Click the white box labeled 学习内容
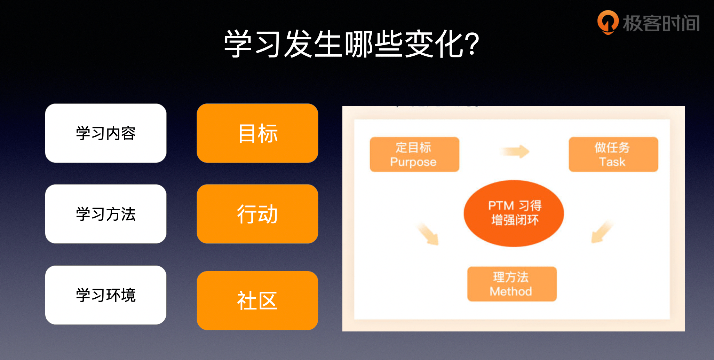pyautogui.click(x=106, y=133)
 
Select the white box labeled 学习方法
pyautogui.click(x=106, y=214)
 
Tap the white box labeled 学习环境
pyautogui.click(x=106, y=295)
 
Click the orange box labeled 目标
pyautogui.click(x=257, y=133)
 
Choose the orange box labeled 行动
pyautogui.click(x=257, y=214)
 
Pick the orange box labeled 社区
pyautogui.click(x=257, y=300)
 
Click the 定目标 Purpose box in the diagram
pyautogui.click(x=414, y=154)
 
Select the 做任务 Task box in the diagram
pyautogui.click(x=613, y=154)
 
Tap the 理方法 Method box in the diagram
pyautogui.click(x=512, y=284)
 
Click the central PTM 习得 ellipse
pyautogui.click(x=514, y=213)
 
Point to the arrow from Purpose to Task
pyautogui.click(x=515, y=151)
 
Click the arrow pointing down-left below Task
pyautogui.click(x=601, y=232)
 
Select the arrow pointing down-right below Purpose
pyautogui.click(x=428, y=234)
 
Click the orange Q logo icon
pyautogui.click(x=608, y=22)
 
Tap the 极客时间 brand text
pyautogui.click(x=661, y=23)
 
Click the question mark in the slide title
pyautogui.click(x=472, y=44)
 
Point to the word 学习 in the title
pyautogui.click(x=253, y=44)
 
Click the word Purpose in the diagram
pyautogui.click(x=413, y=162)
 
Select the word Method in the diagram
pyautogui.click(x=511, y=291)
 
